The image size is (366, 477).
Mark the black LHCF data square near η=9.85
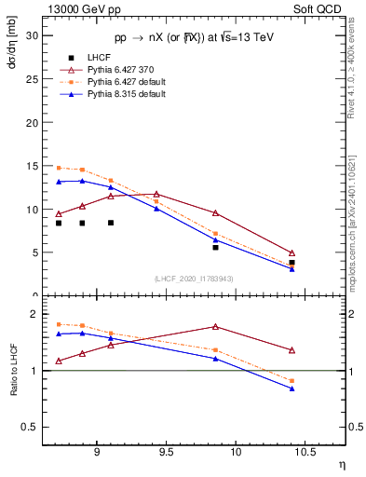click(215, 247)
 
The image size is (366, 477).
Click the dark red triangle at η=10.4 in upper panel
click(291, 253)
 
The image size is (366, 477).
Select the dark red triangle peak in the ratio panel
click(215, 327)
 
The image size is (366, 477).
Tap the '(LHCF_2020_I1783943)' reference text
click(194, 279)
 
